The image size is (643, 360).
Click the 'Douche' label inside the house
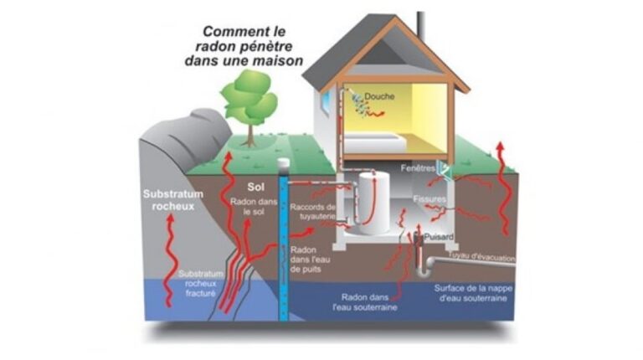[379, 96]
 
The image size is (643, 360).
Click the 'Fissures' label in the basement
[430, 199]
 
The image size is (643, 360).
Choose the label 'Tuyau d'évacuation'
[481, 257]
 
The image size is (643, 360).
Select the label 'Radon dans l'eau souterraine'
[369, 302]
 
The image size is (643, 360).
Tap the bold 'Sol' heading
[256, 187]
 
